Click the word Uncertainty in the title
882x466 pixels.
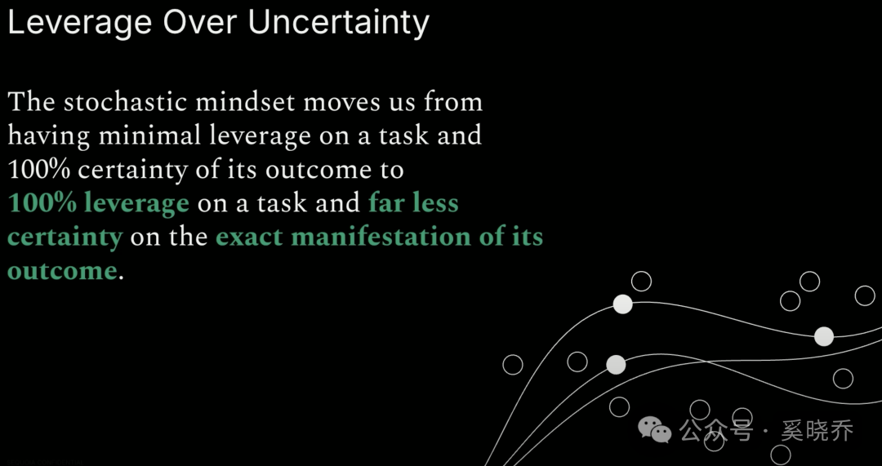338,23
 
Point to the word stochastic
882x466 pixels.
125,102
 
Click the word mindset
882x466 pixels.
248,102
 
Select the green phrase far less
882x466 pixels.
413,203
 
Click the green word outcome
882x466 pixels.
62,272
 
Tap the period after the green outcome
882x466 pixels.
120,279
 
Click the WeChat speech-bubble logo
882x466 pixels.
654,430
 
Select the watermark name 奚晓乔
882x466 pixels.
817,431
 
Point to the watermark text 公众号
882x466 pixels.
715,431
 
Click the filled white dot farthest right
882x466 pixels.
824,337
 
